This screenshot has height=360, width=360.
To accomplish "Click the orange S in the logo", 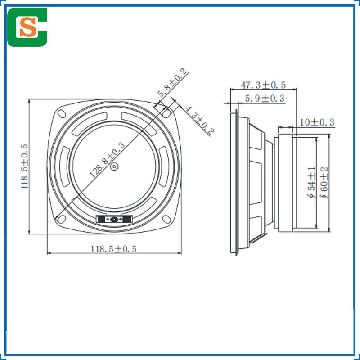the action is pyautogui.click(x=28, y=27).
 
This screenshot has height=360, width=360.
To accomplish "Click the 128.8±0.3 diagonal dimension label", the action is pyautogui.click(x=108, y=160).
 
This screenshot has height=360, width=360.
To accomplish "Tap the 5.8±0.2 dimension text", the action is pyautogui.click(x=172, y=82).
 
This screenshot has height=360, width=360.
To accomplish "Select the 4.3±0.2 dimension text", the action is pyautogui.click(x=199, y=120).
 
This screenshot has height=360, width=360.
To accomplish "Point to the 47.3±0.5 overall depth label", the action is pyautogui.click(x=263, y=85).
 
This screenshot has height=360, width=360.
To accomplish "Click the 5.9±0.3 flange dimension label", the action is pyautogui.click(x=265, y=99).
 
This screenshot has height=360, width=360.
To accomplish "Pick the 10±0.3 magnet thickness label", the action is pyautogui.click(x=317, y=122).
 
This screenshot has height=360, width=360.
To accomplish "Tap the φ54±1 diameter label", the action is pyautogui.click(x=311, y=183).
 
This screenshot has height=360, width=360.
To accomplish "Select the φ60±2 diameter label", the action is pyautogui.click(x=324, y=183).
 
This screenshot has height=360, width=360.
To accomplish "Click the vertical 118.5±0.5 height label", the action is pyautogui.click(x=24, y=166).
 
